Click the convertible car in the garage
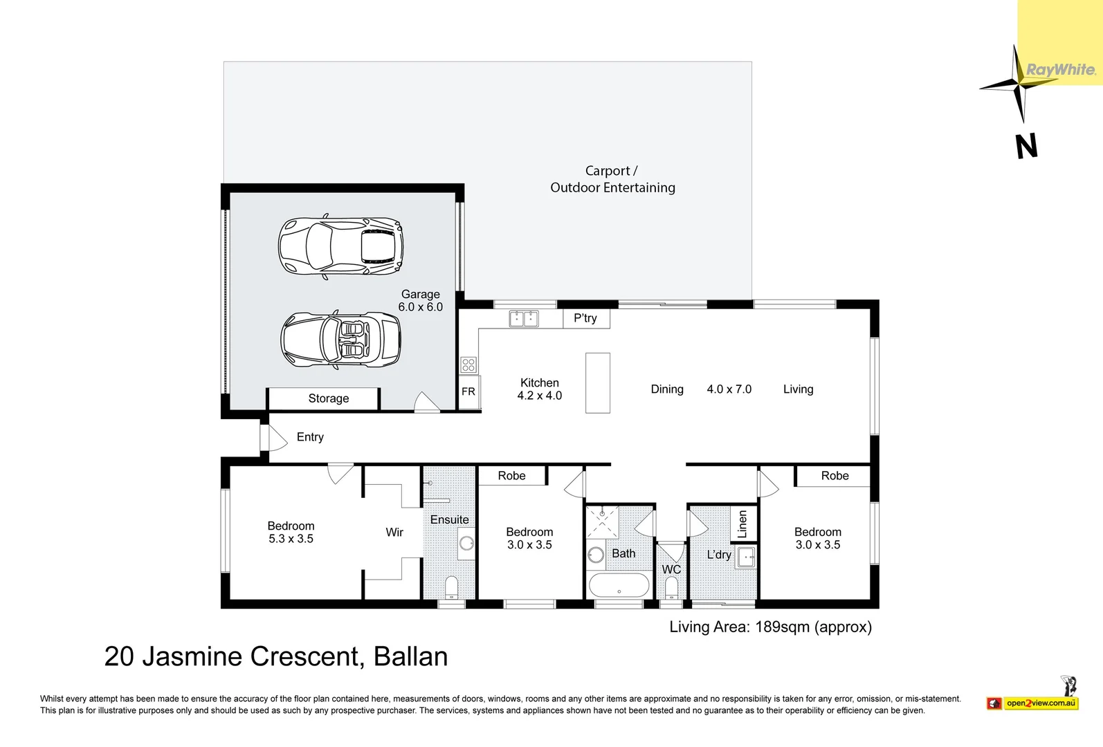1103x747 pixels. [340, 339]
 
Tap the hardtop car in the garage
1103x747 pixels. [340, 247]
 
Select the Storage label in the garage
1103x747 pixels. [328, 398]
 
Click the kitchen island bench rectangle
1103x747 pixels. [598, 382]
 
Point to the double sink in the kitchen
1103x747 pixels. [524, 318]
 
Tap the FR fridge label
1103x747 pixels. [468, 391]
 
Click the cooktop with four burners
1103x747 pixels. [468, 365]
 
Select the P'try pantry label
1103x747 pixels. [585, 318]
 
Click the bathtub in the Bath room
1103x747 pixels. [619, 586]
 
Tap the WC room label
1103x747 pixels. [671, 569]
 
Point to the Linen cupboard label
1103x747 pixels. [742, 524]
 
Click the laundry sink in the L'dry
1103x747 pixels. [746, 557]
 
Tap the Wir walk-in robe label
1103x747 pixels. [394, 532]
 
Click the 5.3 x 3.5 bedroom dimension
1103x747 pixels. [291, 539]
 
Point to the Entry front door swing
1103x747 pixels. [276, 438]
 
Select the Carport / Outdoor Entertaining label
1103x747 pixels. [612, 179]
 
